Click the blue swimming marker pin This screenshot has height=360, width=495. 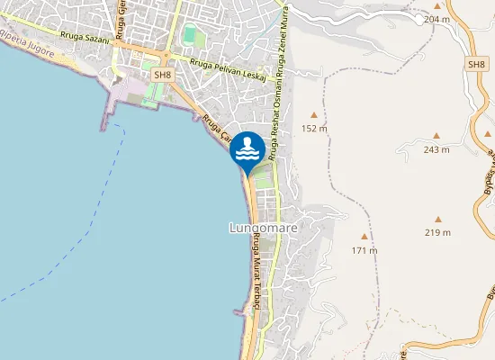click(x=247, y=149)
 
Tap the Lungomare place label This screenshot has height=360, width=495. click(x=263, y=229)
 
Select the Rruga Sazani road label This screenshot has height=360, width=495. click(x=85, y=39)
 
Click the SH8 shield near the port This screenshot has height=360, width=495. click(x=162, y=76)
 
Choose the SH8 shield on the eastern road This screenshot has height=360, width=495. click(x=476, y=65)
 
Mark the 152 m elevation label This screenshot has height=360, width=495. click(x=313, y=129)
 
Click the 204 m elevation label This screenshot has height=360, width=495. click(x=436, y=19)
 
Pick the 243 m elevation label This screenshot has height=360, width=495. click(x=436, y=149)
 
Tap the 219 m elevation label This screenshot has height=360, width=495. click(x=437, y=232)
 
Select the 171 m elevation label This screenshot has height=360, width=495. click(x=364, y=249)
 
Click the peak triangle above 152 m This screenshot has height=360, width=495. click(x=313, y=114)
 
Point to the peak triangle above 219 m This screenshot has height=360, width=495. click(x=437, y=219)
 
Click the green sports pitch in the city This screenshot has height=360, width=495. click(x=190, y=36)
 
